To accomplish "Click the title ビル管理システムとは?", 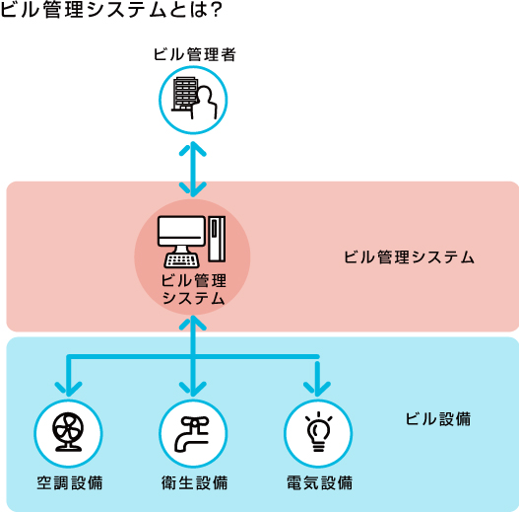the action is [110, 10].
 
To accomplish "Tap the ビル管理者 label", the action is [194, 54].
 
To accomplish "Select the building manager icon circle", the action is [193, 100].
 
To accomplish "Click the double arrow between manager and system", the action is [193, 169].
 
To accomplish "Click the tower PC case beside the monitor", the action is [217, 239].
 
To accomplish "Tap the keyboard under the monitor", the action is [182, 260].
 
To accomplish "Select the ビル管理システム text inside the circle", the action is [193, 289].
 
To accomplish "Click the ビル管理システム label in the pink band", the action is [409, 257].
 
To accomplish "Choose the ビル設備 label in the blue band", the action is [438, 419].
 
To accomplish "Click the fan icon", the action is [68, 432].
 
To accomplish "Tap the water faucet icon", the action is [192, 434].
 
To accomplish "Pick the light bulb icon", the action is [318, 431].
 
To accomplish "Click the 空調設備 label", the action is [70, 482].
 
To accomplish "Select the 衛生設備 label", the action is [195, 482].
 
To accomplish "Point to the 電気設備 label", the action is [319, 482].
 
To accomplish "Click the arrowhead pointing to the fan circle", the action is [69, 390].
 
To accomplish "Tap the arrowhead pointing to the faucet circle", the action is [193, 390].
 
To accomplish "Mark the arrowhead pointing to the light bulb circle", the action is [317, 390].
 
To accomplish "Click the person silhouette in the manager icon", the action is [205, 103].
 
